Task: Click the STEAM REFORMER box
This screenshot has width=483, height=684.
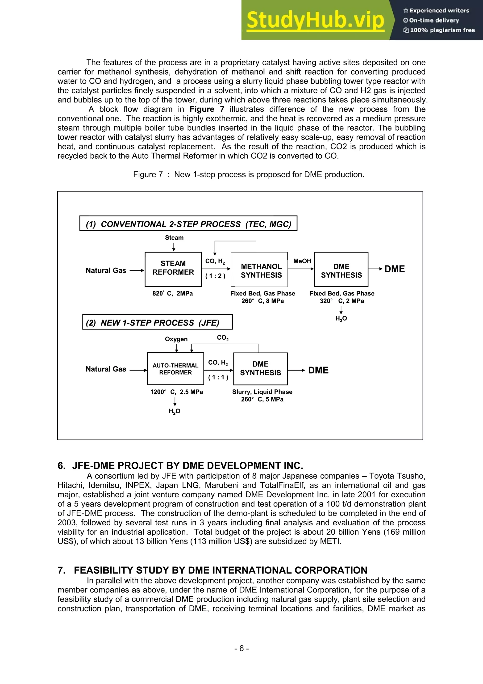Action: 173,269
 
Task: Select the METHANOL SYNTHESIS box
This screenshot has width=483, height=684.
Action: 259,270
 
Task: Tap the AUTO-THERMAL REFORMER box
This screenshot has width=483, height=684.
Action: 175,369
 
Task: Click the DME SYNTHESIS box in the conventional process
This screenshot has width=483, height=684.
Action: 341,270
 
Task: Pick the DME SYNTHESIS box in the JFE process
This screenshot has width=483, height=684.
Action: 260,369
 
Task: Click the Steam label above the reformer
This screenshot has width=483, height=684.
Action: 174,238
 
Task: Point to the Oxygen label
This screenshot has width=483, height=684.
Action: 176,339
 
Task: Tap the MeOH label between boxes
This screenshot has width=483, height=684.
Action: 302,261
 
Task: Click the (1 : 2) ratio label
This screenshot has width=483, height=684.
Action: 215,276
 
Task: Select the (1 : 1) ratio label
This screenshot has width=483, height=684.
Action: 218,377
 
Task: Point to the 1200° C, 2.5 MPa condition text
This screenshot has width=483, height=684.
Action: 176,392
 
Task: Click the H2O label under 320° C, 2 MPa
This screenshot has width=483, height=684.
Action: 341,318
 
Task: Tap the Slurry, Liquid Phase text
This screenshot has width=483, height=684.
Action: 262,392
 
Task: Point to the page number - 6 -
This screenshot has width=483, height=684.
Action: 241,648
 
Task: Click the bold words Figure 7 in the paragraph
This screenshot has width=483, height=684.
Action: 207,109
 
